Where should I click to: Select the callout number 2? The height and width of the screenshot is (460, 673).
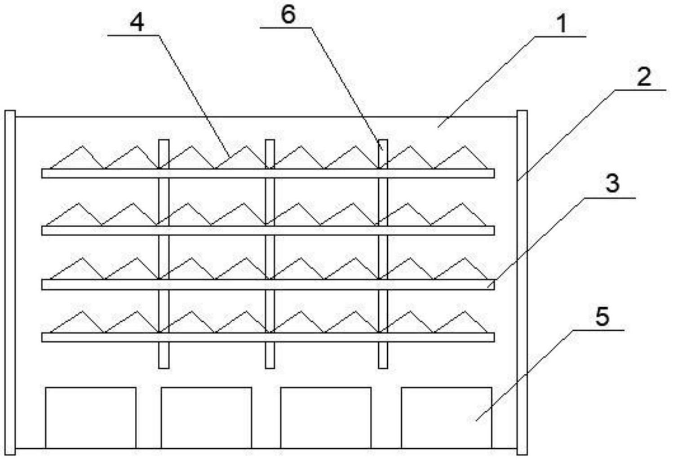643,78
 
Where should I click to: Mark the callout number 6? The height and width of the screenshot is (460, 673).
288,15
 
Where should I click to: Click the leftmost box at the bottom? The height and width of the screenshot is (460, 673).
91,417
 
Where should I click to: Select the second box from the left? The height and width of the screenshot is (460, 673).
206,417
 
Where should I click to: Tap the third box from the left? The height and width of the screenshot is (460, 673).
326,417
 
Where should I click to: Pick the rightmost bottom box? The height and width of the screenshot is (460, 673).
446,417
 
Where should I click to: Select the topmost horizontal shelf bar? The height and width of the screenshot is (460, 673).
268,173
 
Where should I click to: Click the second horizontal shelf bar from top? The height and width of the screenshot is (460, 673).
268,230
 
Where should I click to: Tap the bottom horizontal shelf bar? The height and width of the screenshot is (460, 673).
268,337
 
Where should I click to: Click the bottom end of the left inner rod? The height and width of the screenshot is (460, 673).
164,365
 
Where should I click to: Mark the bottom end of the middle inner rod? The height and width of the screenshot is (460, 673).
270,365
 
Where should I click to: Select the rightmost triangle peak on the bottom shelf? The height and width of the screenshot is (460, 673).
461,311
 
